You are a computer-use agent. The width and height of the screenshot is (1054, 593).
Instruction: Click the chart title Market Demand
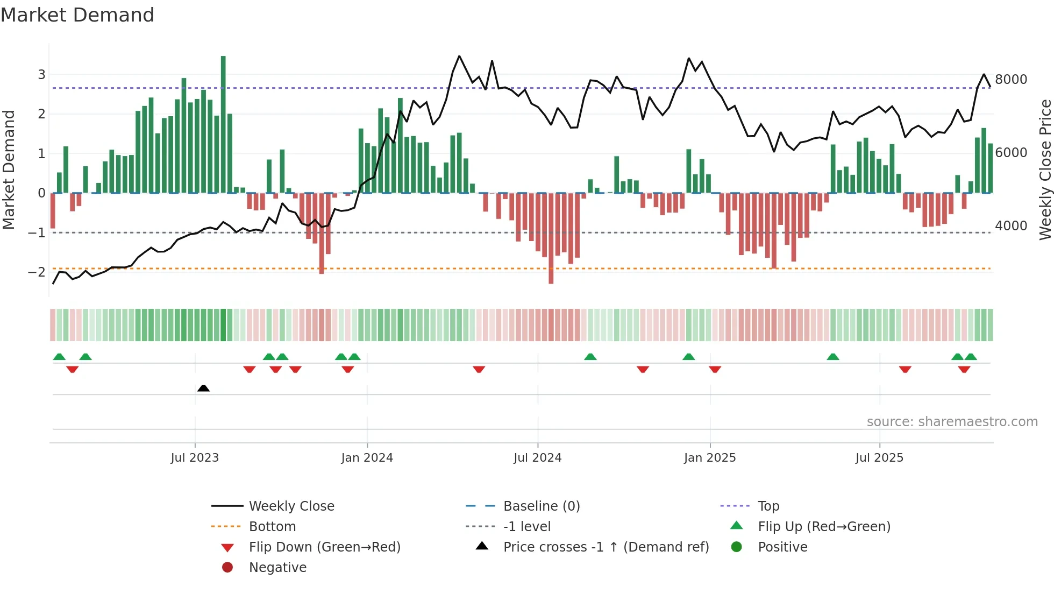[x=77, y=15]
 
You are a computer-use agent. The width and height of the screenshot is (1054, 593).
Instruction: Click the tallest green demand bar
[x=223, y=124]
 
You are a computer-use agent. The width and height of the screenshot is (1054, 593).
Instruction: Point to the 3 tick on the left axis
[x=41, y=75]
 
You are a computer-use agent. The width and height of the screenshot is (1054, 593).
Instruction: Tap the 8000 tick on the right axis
[x=1011, y=80]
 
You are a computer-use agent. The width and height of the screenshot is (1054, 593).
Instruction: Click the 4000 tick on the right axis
[x=1011, y=226]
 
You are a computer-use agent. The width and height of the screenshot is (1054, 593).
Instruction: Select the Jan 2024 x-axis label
[x=367, y=458]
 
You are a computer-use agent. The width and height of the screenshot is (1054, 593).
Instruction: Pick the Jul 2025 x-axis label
[x=879, y=458]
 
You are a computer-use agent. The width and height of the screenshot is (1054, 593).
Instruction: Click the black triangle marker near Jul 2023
[x=203, y=389]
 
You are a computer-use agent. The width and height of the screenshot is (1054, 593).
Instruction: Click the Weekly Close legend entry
[x=291, y=506]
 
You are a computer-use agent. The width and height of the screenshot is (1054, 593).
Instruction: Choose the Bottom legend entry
[x=272, y=527]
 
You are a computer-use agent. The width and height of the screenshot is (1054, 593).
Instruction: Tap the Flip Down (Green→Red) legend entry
[x=324, y=547]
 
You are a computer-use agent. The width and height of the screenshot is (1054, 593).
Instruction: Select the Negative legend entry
[x=277, y=568]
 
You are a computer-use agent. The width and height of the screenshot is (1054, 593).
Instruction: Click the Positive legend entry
[x=782, y=547]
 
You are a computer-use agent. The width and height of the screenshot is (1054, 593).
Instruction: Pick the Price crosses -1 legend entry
[x=606, y=547]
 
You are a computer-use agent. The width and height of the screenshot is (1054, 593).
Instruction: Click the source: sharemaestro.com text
[x=952, y=422]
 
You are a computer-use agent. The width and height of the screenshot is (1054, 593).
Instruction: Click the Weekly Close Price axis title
[x=1045, y=170]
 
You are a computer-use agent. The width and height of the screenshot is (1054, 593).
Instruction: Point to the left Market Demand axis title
[x=9, y=170]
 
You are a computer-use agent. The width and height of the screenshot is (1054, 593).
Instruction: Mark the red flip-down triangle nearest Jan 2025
[x=715, y=369]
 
